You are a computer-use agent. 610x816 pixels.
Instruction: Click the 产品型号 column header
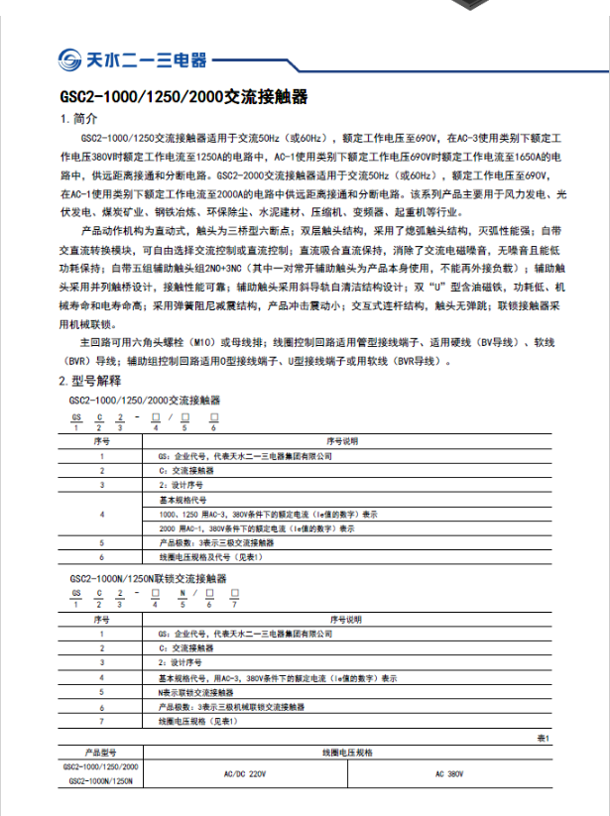point(101,754)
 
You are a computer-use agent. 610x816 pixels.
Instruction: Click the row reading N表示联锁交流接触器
point(195,693)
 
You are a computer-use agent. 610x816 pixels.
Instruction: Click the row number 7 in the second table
point(101,722)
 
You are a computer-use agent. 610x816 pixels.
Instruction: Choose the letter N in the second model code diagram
point(182,591)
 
